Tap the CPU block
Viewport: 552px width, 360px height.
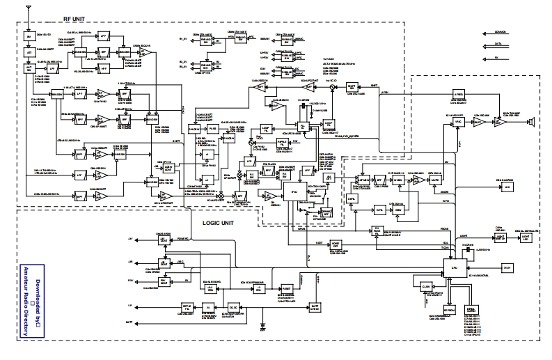(455, 266)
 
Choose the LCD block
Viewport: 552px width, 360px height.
(509, 187)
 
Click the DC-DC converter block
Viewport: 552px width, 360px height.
(235, 306)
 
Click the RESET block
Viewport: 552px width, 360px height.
(286, 286)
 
